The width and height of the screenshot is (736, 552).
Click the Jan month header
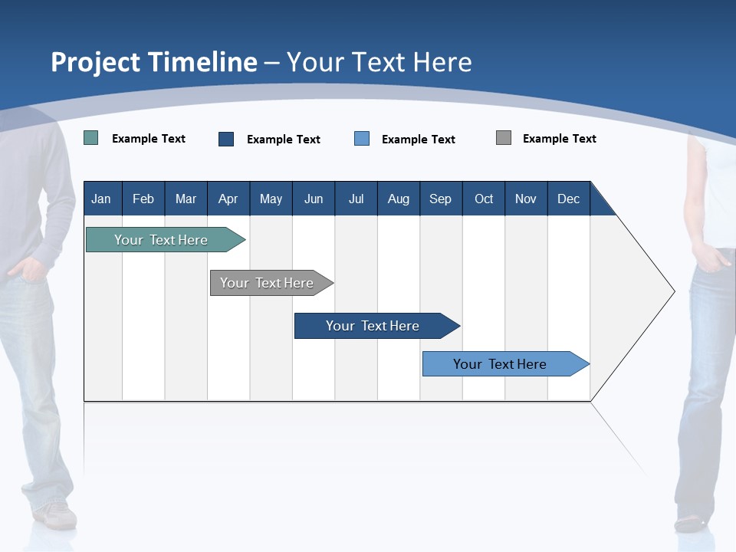click(101, 199)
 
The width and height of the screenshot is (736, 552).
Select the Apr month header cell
click(228, 199)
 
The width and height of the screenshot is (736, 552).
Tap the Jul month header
click(356, 199)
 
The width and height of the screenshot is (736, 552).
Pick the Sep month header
click(440, 199)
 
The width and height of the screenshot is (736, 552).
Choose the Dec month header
click(568, 199)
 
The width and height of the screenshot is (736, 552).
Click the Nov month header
click(525, 199)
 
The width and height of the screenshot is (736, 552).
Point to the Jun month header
click(313, 199)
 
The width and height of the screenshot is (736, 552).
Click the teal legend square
click(91, 138)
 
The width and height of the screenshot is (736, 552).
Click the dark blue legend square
click(226, 139)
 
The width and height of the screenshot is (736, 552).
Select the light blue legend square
click(362, 139)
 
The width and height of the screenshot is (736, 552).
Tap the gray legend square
click(504, 138)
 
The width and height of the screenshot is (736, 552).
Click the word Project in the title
click(95, 62)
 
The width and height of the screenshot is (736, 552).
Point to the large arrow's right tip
click(673, 291)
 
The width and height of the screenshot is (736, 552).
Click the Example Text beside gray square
click(559, 139)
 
